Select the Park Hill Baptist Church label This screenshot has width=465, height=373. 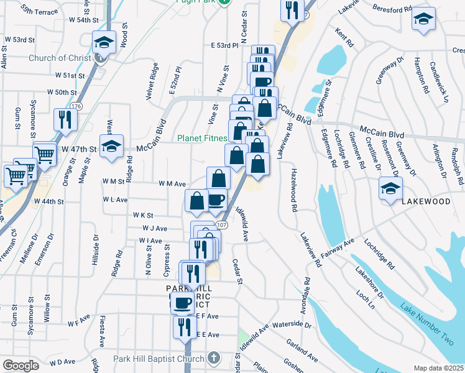coord(159,359)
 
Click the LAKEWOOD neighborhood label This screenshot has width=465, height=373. coord(426,202)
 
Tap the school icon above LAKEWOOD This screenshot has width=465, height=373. coord(390,188)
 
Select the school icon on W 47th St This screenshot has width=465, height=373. coord(112,147)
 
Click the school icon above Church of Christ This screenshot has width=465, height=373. coord(103,43)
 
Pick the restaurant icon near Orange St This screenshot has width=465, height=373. coord(64,118)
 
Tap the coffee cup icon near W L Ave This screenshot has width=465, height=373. coord(216,200)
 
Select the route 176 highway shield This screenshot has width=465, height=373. coord(76,106)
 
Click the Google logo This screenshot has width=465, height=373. coord(20,366)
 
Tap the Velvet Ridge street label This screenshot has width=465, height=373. coord(155,78)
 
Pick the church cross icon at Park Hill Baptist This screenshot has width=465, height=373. coord(213,358)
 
